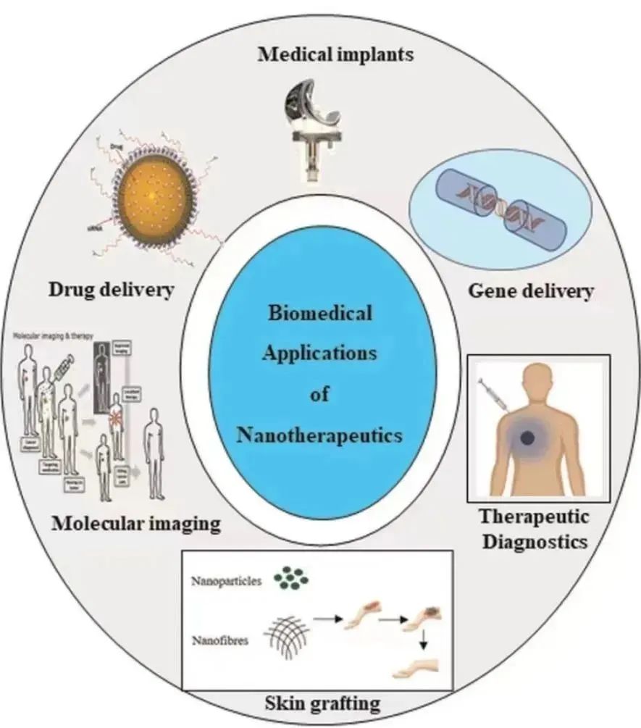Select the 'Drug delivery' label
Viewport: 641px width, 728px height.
[x=112, y=290]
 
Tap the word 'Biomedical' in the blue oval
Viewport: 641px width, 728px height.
[x=320, y=314]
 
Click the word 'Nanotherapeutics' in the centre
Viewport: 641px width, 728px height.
[x=320, y=435]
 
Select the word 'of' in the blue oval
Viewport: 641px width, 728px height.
[x=320, y=395]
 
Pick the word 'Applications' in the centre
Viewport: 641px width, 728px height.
[x=320, y=354]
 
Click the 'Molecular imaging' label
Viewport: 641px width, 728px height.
[x=136, y=522]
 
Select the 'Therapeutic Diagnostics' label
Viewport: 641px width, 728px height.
[x=534, y=529]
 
